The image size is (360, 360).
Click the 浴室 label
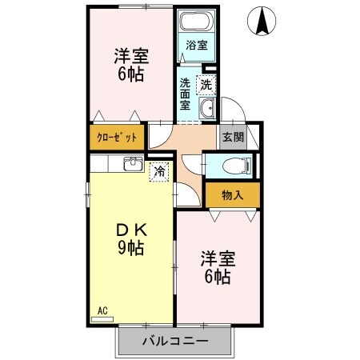[x=197, y=46]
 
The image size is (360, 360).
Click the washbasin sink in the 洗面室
[x=206, y=110]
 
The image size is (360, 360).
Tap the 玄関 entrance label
[x=232, y=136]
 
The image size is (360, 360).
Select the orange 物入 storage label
[x=232, y=194]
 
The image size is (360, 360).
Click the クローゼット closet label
[x=117, y=137]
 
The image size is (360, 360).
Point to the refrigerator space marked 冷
[x=159, y=170]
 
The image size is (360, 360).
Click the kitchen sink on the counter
[x=132, y=165]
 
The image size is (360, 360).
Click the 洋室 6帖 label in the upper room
[x=130, y=66]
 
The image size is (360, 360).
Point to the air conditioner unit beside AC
[x=102, y=319]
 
